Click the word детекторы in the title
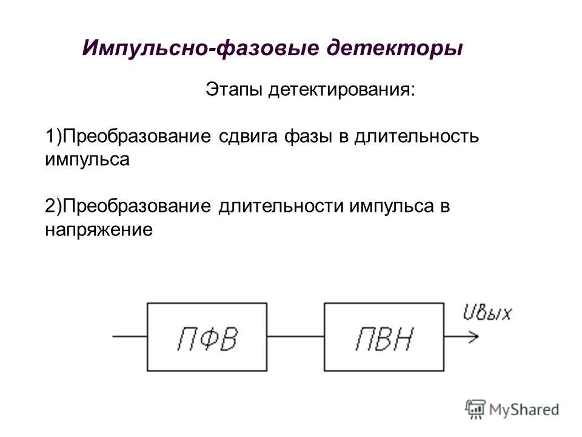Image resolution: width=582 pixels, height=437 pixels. tap(395, 49)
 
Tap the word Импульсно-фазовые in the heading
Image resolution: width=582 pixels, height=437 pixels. tap(201, 49)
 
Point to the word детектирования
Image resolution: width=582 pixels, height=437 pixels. tap(342, 90)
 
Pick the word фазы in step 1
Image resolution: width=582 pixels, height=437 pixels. tap(308, 137)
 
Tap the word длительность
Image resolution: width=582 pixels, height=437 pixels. tap(416, 137)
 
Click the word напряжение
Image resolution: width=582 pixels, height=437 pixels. tap(99, 230)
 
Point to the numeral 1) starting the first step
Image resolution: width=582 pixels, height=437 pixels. tap(53, 137)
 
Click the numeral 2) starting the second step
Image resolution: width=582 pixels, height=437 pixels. tap(53, 206)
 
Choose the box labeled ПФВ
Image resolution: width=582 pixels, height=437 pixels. tap(207, 337)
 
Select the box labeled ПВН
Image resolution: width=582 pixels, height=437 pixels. tap(384, 337)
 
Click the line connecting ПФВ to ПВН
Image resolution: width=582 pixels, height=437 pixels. tap(295, 337)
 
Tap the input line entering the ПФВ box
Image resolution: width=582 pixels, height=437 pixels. tap(130, 337)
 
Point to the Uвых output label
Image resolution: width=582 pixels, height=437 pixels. tap(487, 313)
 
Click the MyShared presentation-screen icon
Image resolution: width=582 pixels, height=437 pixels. tap(475, 410)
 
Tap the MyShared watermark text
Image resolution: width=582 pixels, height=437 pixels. tap(524, 410)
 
